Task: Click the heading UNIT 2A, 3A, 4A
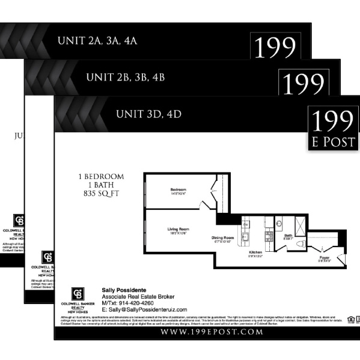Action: click(97, 41)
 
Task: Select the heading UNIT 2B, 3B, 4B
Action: click(125, 78)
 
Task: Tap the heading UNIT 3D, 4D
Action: click(148, 114)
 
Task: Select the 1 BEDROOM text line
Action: click(101, 177)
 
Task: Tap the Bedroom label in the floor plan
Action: click(178, 191)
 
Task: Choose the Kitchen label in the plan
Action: click(255, 252)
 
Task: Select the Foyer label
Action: click(325, 258)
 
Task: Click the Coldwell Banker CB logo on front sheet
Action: click(78, 294)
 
